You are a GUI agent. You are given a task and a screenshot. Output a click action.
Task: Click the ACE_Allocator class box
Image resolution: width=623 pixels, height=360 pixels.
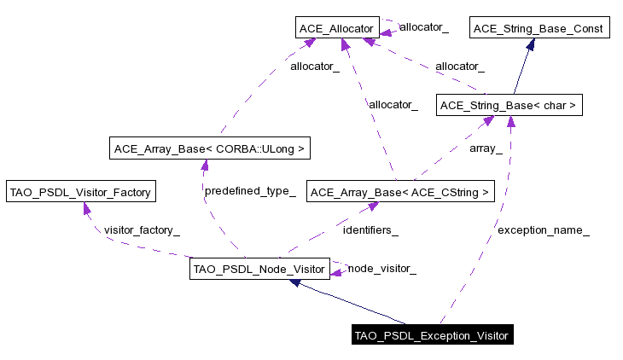336,29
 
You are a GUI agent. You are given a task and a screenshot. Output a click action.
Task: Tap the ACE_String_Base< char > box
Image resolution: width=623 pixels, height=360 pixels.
509,107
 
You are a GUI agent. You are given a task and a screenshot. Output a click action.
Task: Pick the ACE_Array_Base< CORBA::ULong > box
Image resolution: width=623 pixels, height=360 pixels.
208,149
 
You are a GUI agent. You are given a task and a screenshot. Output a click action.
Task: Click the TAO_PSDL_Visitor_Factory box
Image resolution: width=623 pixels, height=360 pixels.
80,192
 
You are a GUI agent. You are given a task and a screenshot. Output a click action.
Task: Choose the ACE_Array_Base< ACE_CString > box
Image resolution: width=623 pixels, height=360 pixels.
400,193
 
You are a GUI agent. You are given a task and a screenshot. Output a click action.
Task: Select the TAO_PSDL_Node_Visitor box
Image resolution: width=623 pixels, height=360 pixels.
259,270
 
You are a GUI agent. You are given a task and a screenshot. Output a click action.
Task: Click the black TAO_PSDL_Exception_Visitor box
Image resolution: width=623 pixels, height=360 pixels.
432,335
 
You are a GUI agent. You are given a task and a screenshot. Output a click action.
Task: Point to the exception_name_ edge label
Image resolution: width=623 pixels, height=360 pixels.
543,229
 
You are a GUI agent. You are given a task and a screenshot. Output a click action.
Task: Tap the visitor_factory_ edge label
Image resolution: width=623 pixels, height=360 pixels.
142,229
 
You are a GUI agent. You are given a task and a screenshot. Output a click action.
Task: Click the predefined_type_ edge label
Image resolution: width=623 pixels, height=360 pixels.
250,190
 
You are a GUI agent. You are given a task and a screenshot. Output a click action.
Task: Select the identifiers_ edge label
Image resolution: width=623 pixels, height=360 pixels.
370,229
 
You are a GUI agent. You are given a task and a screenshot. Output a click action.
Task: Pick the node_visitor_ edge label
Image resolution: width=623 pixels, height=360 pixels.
381,269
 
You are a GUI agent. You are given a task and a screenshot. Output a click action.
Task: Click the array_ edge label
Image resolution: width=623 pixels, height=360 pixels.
486,148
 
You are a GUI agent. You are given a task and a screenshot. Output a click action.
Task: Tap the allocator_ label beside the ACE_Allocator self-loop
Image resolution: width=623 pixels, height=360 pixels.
423,27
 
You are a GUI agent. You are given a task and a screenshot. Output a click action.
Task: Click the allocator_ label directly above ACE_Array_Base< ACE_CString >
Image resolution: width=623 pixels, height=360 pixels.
393,105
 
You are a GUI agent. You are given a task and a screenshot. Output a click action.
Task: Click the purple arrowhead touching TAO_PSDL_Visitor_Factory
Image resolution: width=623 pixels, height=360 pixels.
87,207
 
